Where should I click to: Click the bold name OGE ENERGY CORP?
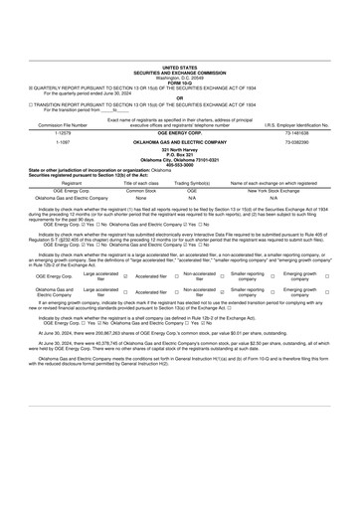click(x=180, y=128)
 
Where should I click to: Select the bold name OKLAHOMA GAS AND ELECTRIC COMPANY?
click(x=180, y=140)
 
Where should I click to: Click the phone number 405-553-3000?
click(x=180, y=166)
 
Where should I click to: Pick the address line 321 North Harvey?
click(x=180, y=149)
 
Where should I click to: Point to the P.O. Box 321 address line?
click(x=180, y=155)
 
